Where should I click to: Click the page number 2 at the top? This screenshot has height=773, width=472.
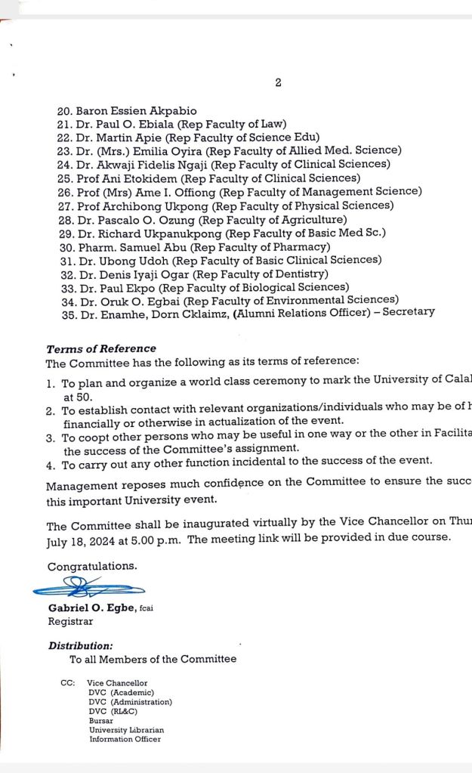click(x=278, y=82)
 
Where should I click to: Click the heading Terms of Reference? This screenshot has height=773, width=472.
click(x=101, y=349)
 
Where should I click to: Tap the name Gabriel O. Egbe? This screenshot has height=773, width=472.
click(x=91, y=608)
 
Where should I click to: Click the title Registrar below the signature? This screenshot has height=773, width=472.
click(x=70, y=621)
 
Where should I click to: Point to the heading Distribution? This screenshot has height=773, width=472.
click(x=81, y=646)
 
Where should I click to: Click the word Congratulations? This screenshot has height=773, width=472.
click(x=92, y=566)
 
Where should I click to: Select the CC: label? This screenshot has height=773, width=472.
click(x=67, y=683)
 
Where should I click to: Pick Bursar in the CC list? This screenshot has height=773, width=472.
click(x=100, y=721)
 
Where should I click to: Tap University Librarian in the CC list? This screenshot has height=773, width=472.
click(x=126, y=730)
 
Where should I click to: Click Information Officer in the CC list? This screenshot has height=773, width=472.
click(x=125, y=739)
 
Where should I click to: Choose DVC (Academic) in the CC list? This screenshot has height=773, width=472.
click(x=121, y=692)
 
